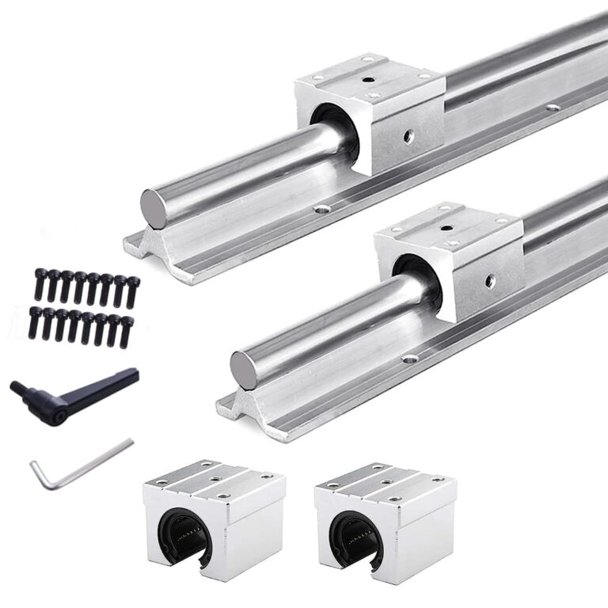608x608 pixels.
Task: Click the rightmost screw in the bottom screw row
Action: pyautogui.click(x=127, y=329)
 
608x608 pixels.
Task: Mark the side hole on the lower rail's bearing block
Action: pyautogui.click(x=491, y=280)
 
